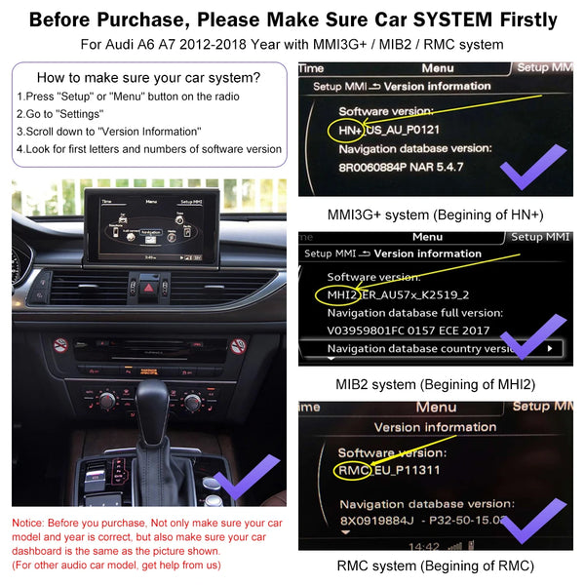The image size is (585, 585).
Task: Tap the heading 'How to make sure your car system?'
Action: coord(148,78)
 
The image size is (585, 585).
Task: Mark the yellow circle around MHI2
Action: coord(338,295)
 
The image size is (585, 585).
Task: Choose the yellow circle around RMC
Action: coord(351,471)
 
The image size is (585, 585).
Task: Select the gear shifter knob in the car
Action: coord(159,399)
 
